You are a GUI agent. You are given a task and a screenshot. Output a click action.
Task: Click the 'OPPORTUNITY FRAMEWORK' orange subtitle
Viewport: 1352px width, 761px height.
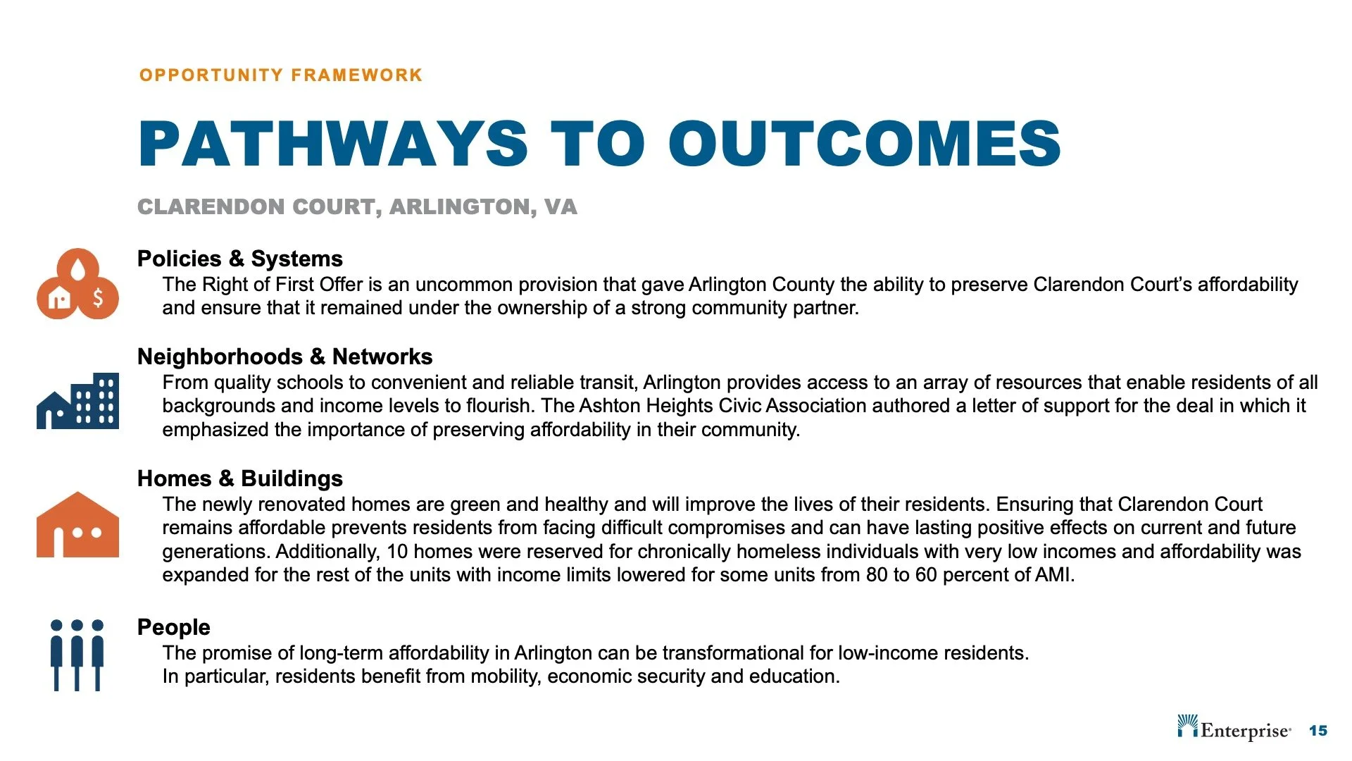[280, 75]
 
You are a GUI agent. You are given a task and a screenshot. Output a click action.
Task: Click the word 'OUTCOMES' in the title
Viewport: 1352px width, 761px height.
[864, 144]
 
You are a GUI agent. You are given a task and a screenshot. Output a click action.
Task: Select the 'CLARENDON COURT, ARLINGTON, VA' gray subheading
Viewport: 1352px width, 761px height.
[357, 207]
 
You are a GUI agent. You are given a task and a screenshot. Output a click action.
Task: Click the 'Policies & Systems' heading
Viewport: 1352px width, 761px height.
[239, 259]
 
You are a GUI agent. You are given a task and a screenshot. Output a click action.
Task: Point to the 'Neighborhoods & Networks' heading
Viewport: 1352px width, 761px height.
[284, 357]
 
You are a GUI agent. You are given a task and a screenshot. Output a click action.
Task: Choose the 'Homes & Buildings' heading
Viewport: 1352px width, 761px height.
[239, 478]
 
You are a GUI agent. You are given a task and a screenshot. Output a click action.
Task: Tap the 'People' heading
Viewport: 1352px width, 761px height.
[173, 627]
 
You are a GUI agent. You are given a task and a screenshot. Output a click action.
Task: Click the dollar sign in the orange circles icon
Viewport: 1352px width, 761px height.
[98, 298]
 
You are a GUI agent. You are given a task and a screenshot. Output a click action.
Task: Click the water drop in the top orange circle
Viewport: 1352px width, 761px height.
[77, 268]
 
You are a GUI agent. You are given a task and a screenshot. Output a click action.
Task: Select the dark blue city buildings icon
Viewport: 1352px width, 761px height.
[77, 401]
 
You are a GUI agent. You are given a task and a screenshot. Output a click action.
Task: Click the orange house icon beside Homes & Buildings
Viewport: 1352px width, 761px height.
[77, 525]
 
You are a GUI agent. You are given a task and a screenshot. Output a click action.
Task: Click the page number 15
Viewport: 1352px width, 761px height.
[1317, 731]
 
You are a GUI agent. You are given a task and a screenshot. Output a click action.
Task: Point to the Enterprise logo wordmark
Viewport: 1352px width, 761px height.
[1245, 731]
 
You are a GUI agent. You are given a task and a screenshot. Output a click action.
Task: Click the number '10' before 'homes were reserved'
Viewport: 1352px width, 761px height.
[397, 552]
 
